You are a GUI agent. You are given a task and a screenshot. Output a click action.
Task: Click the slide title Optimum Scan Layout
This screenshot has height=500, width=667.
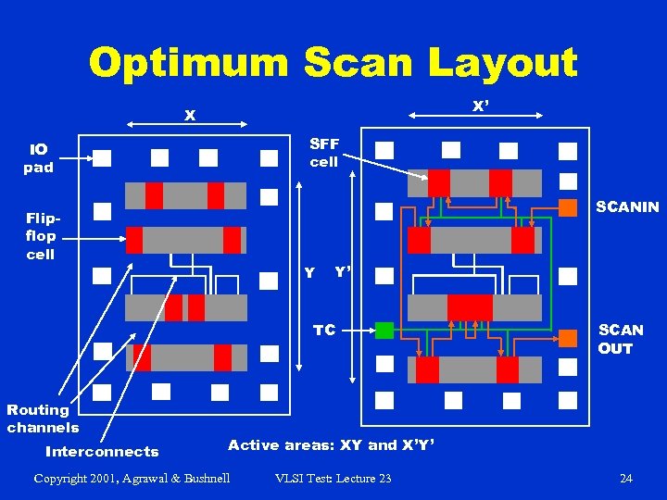(333, 63)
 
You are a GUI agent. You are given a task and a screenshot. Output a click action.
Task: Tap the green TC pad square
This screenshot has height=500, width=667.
(384, 330)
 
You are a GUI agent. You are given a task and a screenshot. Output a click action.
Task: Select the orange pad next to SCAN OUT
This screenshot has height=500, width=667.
(568, 339)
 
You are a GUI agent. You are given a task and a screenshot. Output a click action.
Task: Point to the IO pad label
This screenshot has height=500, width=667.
(39, 158)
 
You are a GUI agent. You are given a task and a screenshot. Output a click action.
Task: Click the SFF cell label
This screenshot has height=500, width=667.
(324, 153)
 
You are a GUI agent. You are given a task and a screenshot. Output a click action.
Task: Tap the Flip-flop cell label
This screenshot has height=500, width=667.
(41, 236)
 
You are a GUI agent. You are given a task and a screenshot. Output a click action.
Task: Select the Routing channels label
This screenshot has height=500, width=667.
(43, 419)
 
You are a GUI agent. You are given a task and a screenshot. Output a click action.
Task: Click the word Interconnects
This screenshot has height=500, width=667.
(102, 452)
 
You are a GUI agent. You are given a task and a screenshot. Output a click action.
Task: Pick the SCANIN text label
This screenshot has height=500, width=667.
(628, 207)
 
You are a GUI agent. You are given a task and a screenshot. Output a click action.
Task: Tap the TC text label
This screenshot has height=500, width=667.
(324, 330)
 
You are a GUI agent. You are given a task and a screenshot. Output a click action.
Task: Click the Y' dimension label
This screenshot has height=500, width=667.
(342, 272)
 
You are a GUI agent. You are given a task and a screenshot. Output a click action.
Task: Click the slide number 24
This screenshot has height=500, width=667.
(626, 478)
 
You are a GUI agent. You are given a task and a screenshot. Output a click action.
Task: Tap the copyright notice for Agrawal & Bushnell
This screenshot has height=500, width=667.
(132, 478)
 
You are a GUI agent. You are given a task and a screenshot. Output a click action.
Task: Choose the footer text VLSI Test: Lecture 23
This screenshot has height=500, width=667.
(333, 478)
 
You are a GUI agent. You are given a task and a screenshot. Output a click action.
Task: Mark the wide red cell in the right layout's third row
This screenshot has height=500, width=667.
(470, 306)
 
